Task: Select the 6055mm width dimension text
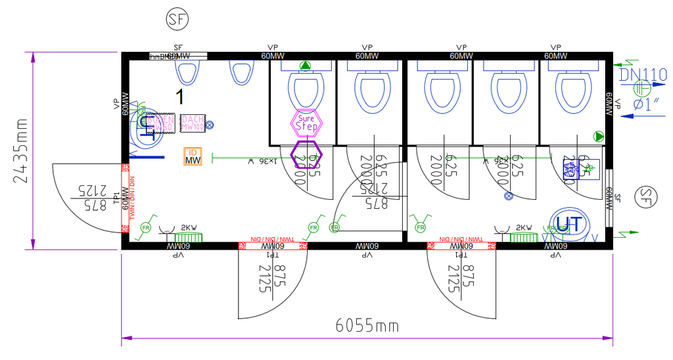[367, 325]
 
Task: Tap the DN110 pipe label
[643, 74]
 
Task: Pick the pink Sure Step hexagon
[307, 122]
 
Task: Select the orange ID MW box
[193, 156]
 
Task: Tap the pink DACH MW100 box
[192, 122]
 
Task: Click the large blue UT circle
[568, 224]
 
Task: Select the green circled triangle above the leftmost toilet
[304, 66]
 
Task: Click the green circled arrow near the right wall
[599, 137]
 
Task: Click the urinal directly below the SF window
[187, 72]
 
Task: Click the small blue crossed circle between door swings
[508, 195]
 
